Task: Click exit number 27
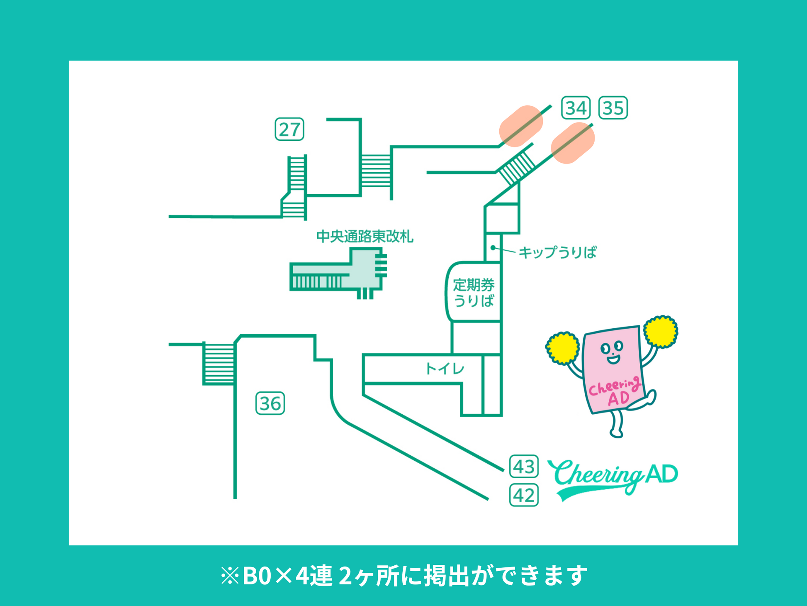pyautogui.click(x=289, y=129)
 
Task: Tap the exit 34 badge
pyautogui.click(x=576, y=108)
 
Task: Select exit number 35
pyautogui.click(x=613, y=108)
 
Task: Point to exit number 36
pyautogui.click(x=270, y=403)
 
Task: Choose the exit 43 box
pyautogui.click(x=524, y=467)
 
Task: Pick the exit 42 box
pyautogui.click(x=524, y=495)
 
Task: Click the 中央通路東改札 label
pyautogui.click(x=365, y=237)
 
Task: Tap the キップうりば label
pyautogui.click(x=557, y=252)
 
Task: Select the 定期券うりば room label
pyautogui.click(x=474, y=293)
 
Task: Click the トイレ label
pyautogui.click(x=445, y=369)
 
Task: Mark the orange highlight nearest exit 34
pyautogui.click(x=521, y=126)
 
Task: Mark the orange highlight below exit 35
pyautogui.click(x=573, y=143)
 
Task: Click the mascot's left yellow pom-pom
pyautogui.click(x=562, y=348)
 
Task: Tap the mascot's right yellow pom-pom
pyautogui.click(x=661, y=331)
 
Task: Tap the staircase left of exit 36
pyautogui.click(x=219, y=364)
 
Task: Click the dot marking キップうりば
pyautogui.click(x=493, y=248)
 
